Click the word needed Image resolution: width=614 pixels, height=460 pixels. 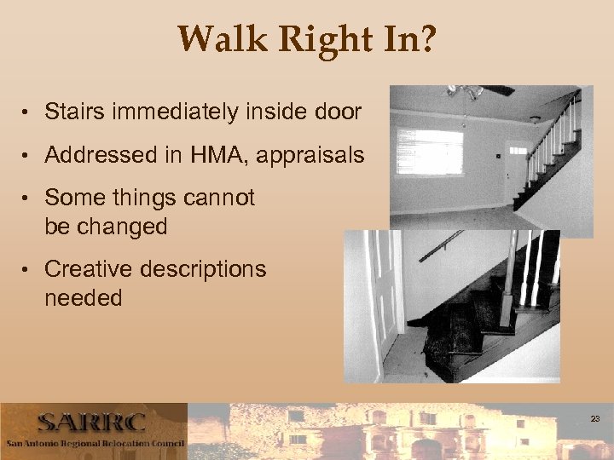click(x=84, y=299)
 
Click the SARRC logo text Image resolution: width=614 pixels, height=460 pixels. click(x=91, y=423)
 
